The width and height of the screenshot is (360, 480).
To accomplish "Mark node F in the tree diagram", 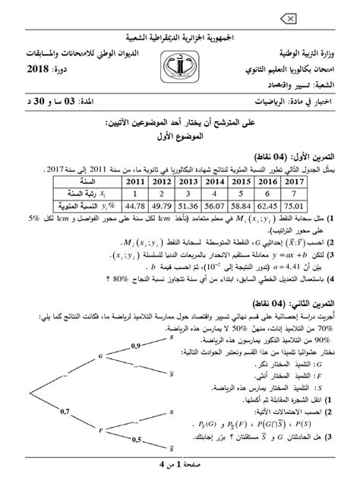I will (x=100, y=430).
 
